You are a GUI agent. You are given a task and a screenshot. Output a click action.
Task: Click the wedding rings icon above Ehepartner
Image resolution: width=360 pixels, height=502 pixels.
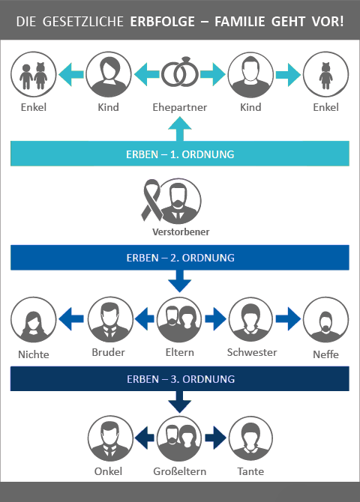pos(179,73)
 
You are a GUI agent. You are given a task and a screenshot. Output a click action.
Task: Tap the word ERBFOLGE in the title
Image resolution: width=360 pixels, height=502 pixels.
pos(162,22)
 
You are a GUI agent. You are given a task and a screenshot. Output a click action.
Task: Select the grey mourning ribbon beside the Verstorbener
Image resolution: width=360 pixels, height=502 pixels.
pos(151,200)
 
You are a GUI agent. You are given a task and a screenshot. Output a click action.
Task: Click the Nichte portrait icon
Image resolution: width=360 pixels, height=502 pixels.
pos(33,319)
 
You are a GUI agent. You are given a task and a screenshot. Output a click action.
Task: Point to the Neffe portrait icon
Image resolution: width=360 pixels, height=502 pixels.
pos(325,319)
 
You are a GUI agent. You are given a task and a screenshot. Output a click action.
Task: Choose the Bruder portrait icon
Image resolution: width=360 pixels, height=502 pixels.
pos(110,319)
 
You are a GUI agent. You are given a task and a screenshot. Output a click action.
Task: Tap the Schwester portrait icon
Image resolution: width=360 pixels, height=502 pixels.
pos(250,319)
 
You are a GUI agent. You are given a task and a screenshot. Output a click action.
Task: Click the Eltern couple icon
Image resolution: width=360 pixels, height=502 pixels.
pos(179,319)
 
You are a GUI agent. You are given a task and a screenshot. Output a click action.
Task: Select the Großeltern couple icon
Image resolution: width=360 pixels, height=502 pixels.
pos(179,438)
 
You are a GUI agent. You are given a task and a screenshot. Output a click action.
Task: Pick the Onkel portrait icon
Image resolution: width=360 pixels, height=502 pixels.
pos(110,438)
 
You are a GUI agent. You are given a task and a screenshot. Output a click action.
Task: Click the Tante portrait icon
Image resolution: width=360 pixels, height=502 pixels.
pos(250,438)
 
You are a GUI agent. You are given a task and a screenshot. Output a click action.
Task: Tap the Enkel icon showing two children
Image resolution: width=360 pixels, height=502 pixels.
pos(33,74)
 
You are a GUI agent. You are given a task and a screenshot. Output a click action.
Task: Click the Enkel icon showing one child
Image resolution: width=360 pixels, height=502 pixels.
pos(325,74)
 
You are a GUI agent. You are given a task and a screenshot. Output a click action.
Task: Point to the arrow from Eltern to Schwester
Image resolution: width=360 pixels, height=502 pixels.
pos(215,319)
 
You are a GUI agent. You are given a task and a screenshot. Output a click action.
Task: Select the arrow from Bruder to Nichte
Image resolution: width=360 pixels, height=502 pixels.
pos(71,319)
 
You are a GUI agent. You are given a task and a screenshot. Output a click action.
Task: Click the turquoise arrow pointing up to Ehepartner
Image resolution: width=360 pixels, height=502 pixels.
pos(179,129)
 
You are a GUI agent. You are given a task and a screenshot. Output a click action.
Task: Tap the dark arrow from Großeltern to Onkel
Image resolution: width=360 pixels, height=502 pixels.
pos(145,438)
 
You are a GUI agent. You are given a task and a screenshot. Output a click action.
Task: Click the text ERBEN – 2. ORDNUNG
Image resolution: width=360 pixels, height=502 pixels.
pos(180,258)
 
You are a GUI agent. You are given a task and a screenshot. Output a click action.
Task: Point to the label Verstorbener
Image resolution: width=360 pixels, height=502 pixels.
pos(181,232)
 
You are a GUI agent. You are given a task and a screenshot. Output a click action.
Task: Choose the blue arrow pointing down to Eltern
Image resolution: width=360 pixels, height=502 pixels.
pos(179,281)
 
